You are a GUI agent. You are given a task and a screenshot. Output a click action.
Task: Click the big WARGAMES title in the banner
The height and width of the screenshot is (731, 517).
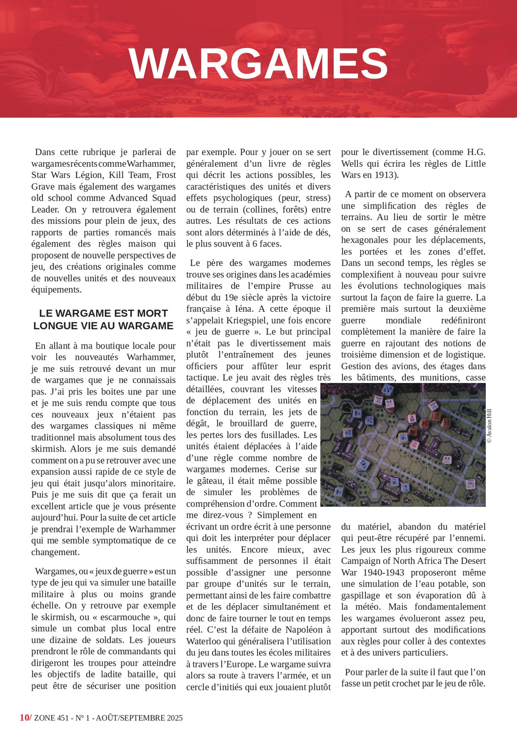point(258,64)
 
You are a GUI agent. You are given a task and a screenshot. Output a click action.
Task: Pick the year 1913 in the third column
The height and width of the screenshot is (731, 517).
point(384,175)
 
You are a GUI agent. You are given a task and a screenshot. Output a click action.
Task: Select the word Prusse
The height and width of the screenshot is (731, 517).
point(301,286)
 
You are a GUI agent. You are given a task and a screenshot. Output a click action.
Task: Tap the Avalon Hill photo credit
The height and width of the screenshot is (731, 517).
point(489,426)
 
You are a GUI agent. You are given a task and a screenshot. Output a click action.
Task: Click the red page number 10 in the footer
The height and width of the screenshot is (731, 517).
point(25,718)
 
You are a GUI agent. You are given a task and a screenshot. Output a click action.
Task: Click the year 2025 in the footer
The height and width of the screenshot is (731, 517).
point(174,718)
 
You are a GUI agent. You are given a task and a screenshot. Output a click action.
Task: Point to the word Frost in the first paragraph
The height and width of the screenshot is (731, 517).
point(166,175)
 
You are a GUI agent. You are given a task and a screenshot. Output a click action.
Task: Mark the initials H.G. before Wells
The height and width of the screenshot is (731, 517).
point(476,152)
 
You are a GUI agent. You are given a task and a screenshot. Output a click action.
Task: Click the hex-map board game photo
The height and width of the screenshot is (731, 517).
point(403,445)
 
